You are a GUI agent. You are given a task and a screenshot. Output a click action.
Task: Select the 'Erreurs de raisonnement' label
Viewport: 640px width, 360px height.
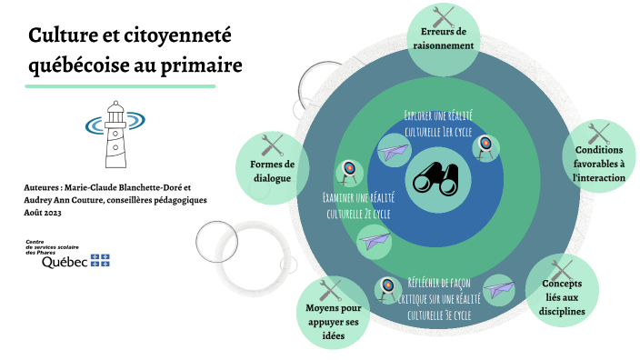coord(443,38)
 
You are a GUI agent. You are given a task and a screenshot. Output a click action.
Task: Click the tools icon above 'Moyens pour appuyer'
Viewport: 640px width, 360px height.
coord(330,290)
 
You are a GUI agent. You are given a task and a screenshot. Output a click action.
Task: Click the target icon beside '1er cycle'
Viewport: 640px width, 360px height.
coord(486,145)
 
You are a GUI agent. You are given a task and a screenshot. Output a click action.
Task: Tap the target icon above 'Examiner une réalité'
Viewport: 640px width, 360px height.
coord(348,170)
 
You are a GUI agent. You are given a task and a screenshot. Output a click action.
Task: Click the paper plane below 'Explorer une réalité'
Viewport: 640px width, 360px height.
coord(394,151)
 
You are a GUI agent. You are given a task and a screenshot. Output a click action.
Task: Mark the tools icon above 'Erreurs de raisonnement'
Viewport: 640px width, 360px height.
coord(443,15)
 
